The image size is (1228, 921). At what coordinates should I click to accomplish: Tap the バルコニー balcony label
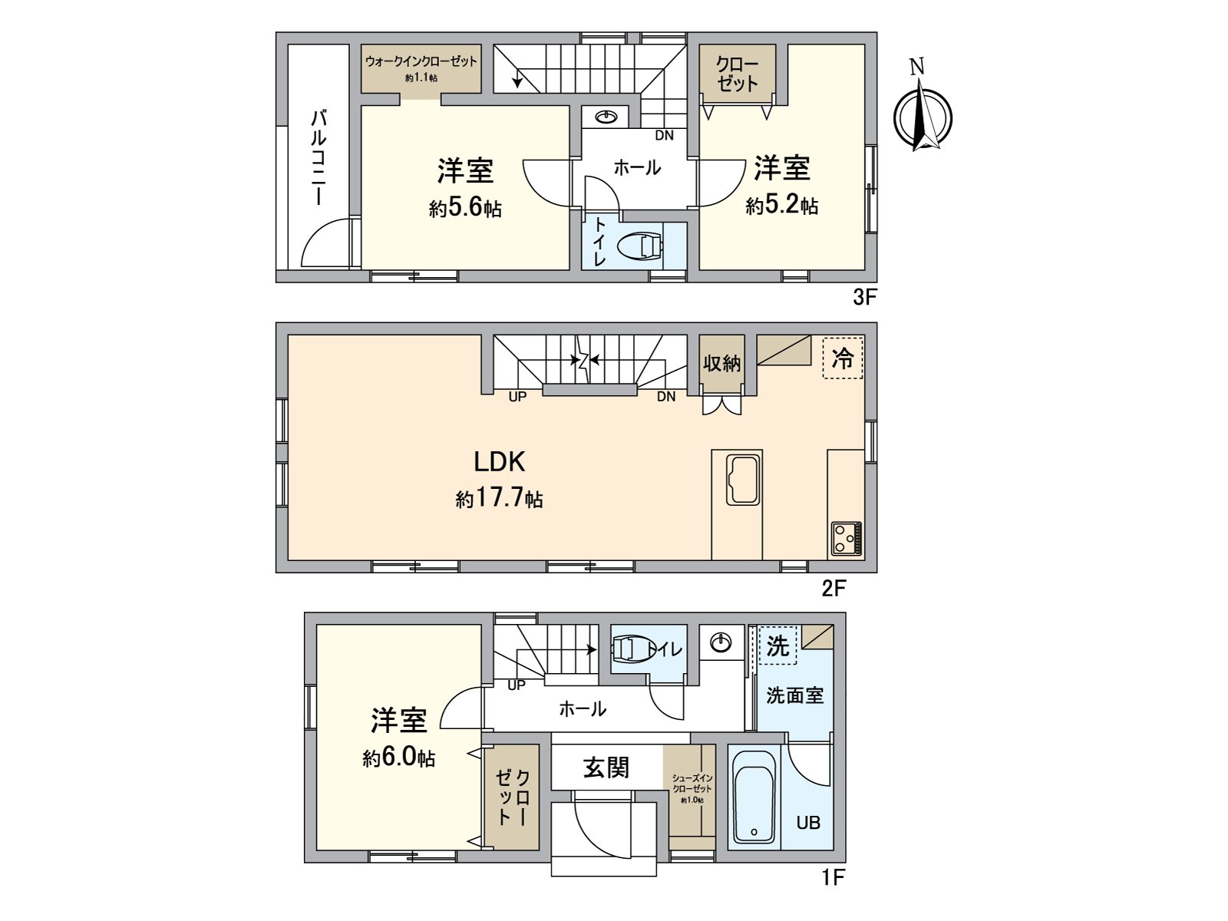[x=319, y=157]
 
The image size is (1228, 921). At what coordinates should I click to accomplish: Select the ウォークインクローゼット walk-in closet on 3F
[x=421, y=68]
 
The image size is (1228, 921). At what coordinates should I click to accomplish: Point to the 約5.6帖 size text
[x=465, y=207]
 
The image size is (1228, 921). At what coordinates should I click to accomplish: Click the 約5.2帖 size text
[x=781, y=205]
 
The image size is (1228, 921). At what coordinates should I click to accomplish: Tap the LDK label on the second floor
[x=499, y=461]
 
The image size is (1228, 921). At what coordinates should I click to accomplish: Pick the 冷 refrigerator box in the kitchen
[x=843, y=358]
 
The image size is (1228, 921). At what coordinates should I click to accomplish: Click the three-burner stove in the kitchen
[x=845, y=538]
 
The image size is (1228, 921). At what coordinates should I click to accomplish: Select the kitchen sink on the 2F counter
[x=743, y=480]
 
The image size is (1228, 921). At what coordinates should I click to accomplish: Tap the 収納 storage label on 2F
[x=721, y=362]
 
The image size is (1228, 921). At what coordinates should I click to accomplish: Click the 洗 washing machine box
[x=778, y=646]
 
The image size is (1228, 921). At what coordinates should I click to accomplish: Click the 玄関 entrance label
[x=606, y=767]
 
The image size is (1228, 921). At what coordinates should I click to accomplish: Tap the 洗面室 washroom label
[x=795, y=695]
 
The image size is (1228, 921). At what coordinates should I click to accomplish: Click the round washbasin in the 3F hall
[x=606, y=117]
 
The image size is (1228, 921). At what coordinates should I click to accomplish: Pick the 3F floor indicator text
[x=864, y=298]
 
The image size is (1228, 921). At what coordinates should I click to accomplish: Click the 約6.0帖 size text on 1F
[x=399, y=758]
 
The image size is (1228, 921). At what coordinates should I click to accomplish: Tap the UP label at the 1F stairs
[x=516, y=685]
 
